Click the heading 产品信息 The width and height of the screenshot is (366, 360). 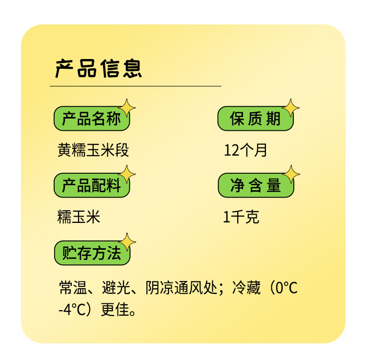[x=98, y=69]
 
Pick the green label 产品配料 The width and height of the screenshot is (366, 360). [x=91, y=186]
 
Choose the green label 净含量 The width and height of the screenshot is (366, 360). [x=255, y=186]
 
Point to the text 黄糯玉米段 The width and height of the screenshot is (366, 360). [x=93, y=150]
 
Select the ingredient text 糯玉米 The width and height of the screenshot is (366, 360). [x=79, y=217]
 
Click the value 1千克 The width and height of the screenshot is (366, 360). [x=241, y=217]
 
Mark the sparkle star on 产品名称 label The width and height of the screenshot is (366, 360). [x=127, y=108]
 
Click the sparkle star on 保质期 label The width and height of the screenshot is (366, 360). [x=291, y=108]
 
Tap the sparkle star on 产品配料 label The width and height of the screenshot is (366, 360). [x=127, y=174]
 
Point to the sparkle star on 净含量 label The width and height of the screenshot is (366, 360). [x=291, y=174]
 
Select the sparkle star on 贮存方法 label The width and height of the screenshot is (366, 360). [x=128, y=242]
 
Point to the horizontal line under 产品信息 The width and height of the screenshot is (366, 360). [x=135, y=86]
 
